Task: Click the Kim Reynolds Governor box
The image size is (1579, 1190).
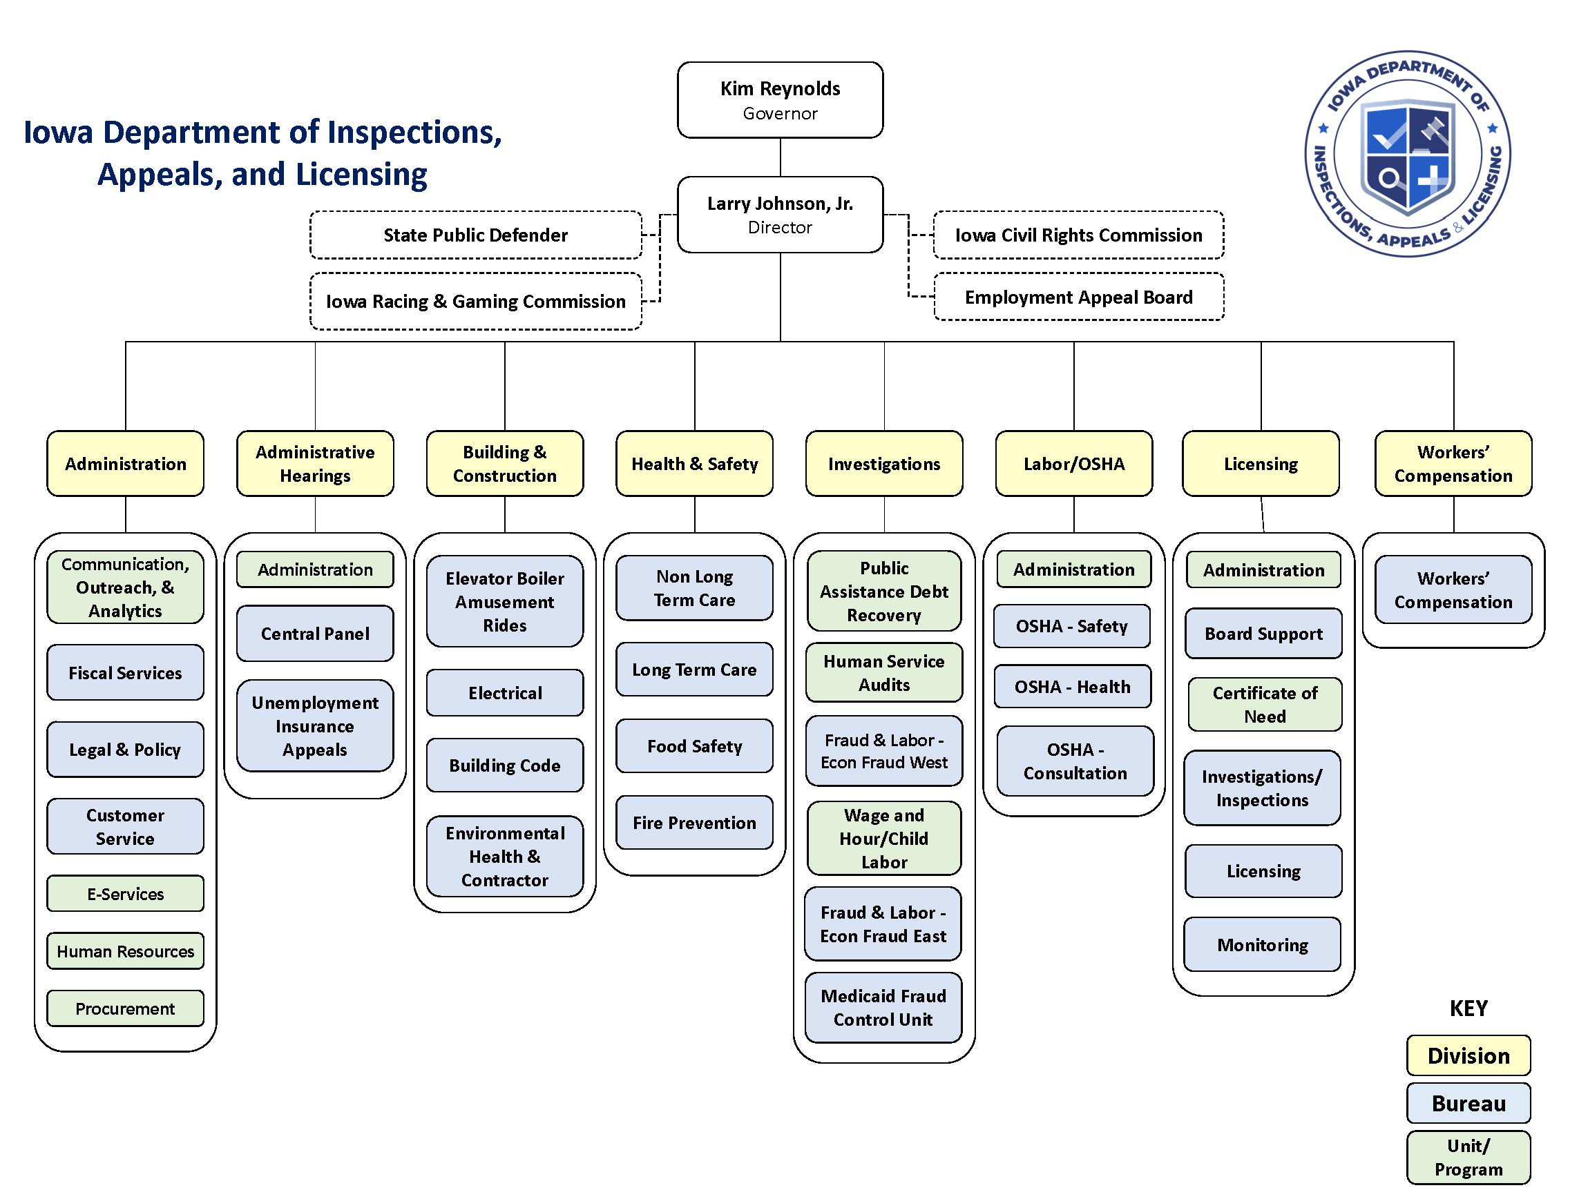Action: point(780,100)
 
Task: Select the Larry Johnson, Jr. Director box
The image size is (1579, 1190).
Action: point(780,215)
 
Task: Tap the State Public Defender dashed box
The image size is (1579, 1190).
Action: point(475,235)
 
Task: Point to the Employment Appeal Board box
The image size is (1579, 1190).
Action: point(1079,297)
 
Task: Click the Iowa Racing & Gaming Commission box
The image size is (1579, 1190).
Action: point(475,301)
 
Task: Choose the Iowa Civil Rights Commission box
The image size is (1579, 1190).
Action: point(1079,235)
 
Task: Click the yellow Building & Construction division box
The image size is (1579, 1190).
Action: point(505,464)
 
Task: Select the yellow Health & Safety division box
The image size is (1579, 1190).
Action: point(695,464)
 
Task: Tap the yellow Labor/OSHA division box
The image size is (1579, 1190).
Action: point(1073,464)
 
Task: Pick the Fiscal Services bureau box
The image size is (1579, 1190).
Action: point(125,673)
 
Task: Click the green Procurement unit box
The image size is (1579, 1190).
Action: point(125,1008)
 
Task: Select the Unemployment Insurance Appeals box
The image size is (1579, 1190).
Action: point(315,725)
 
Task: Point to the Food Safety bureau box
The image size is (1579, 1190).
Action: point(695,746)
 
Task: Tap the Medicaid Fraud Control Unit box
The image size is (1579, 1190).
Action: point(883,1007)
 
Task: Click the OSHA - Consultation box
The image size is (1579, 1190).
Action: point(1075,761)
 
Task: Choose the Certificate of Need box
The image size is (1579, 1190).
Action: point(1265,704)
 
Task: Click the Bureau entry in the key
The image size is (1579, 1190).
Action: point(1468,1103)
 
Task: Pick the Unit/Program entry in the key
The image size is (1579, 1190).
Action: point(1468,1157)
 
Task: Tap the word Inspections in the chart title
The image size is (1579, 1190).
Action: point(414,133)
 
